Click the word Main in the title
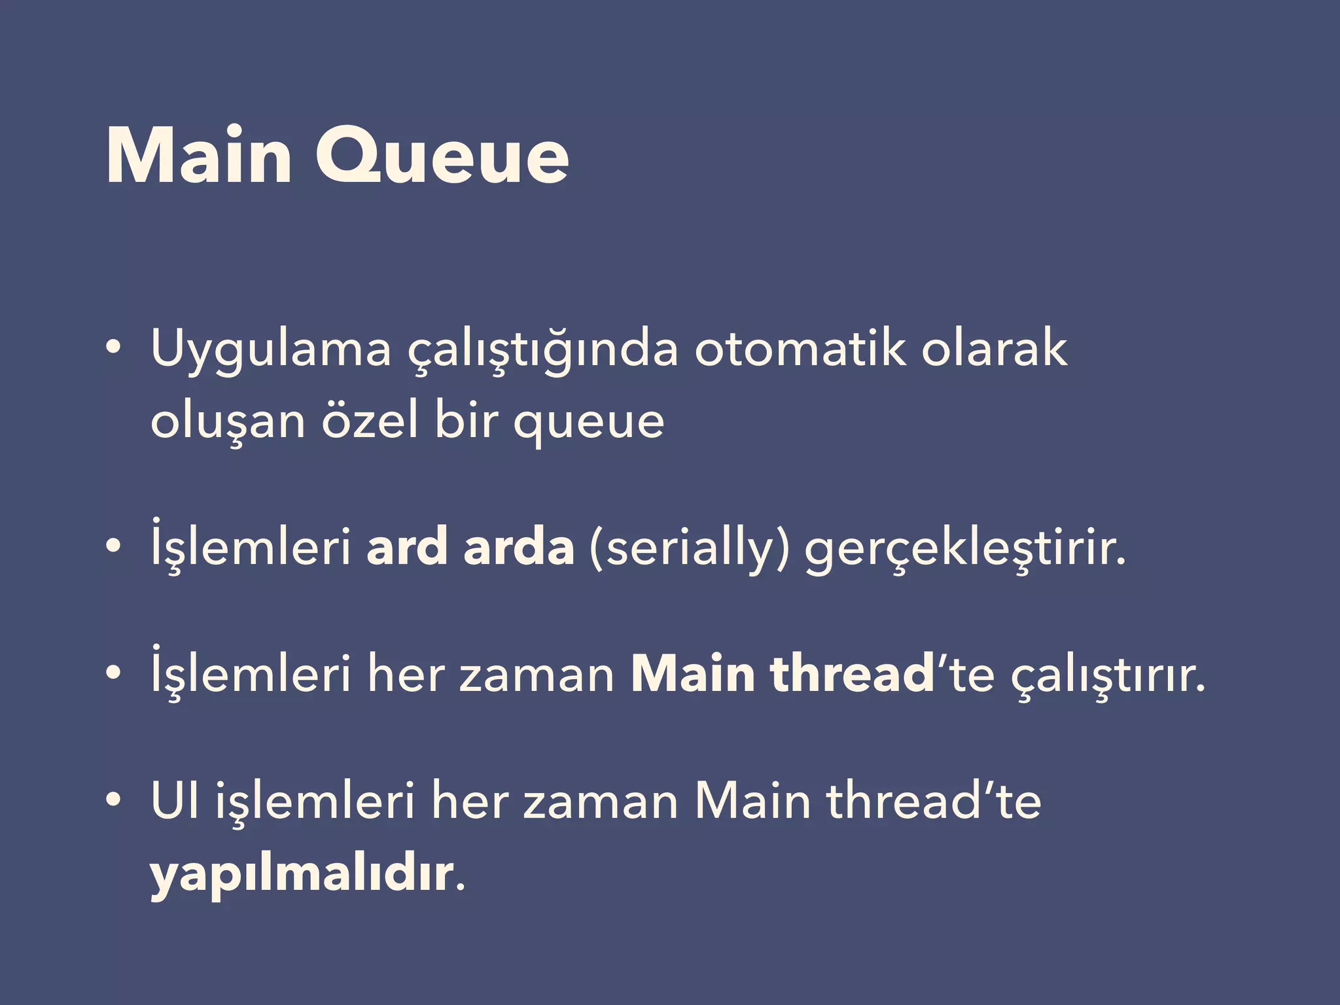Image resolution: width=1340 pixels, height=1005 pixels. click(198, 157)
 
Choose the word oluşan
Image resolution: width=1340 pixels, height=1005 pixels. click(228, 421)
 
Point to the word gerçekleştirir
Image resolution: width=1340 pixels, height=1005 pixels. click(965, 548)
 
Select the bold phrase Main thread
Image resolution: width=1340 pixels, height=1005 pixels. click(783, 674)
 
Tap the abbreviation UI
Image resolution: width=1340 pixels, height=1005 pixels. click(175, 801)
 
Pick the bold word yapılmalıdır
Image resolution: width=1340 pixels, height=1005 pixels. click(302, 874)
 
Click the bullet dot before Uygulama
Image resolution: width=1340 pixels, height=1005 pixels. click(113, 347)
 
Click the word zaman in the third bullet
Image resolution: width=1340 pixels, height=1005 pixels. click(537, 675)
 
